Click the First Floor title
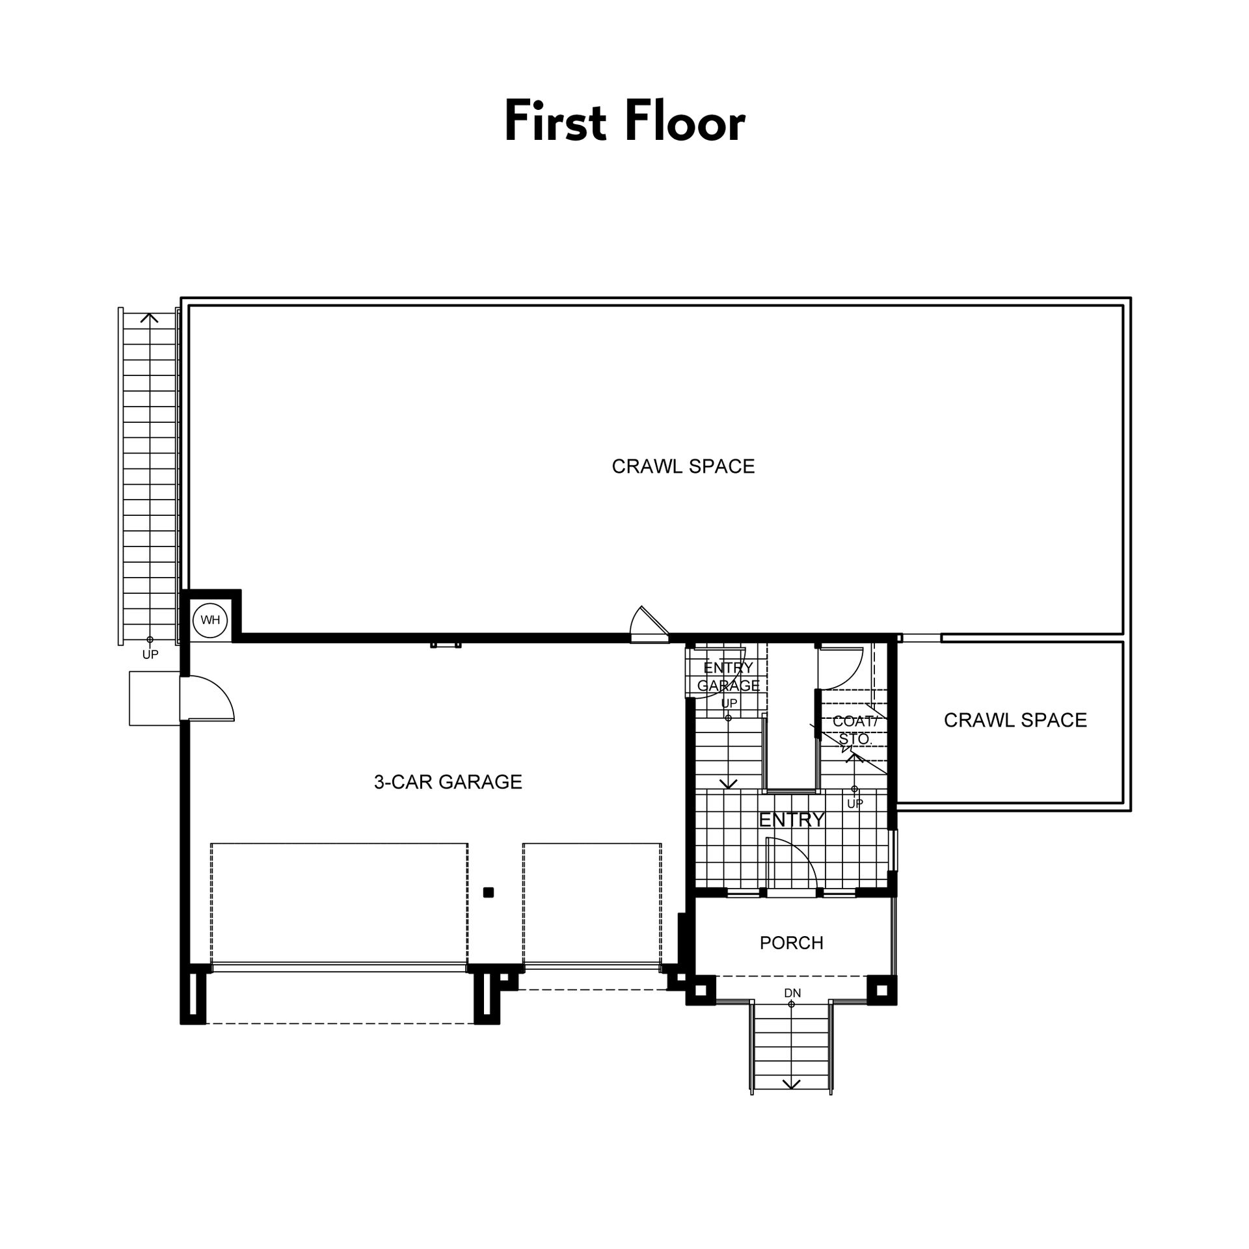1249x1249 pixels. click(x=624, y=122)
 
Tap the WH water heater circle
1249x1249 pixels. click(x=210, y=620)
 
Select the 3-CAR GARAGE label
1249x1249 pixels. click(x=448, y=781)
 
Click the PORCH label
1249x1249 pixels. click(x=792, y=943)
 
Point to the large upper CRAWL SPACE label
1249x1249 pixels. click(x=683, y=466)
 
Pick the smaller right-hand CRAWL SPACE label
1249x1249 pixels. click(x=1015, y=719)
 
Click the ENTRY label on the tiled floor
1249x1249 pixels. click(x=792, y=819)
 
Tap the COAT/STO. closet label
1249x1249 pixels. click(x=855, y=730)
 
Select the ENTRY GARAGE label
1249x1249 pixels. click(x=729, y=676)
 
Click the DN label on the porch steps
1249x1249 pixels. click(x=792, y=993)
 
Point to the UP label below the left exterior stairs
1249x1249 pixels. click(x=150, y=654)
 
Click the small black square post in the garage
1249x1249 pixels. click(x=489, y=893)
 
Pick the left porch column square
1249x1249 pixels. click(x=701, y=991)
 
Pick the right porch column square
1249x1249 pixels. click(x=881, y=991)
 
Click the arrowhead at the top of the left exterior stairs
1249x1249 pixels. click(x=150, y=317)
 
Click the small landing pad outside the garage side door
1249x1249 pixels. click(x=155, y=698)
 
